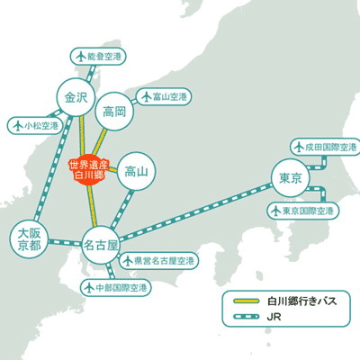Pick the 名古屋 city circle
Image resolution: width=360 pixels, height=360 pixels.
click(x=101, y=244)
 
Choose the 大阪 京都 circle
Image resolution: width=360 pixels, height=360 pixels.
click(x=29, y=238)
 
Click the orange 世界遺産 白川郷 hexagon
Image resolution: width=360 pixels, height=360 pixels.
click(x=87, y=169)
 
